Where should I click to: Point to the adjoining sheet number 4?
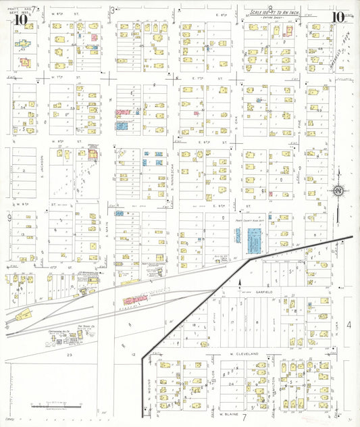tap(349, 326)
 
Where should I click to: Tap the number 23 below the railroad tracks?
tap(68, 354)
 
